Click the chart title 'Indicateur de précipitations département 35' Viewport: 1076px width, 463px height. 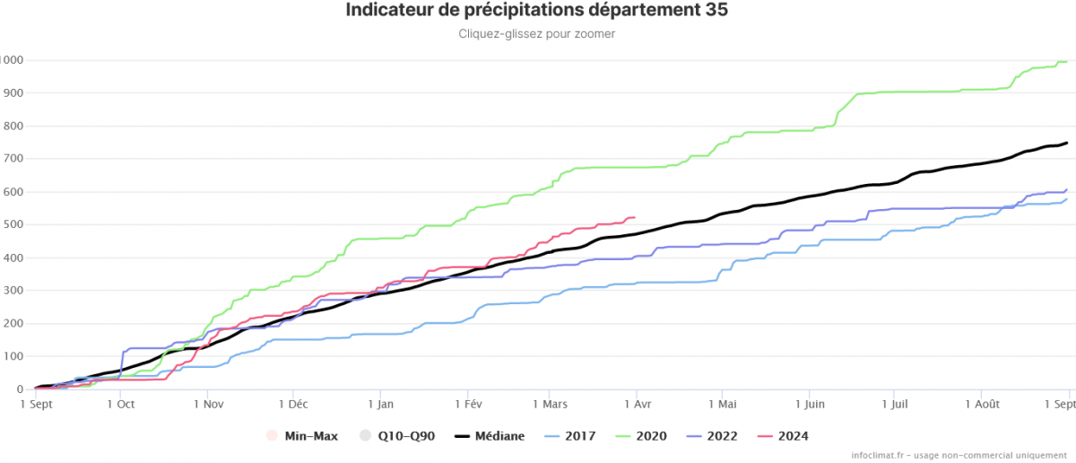536,11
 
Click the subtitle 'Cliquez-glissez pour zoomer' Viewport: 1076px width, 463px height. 536,34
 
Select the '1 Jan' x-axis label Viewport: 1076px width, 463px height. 380,405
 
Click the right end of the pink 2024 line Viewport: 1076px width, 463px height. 635,217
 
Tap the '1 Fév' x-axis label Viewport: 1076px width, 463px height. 468,405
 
